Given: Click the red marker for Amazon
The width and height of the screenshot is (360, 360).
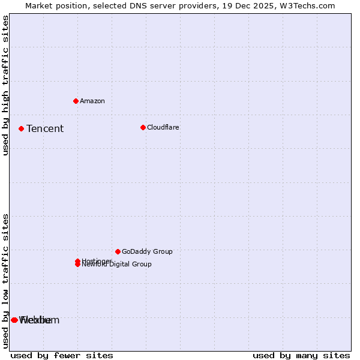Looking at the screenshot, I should (x=76, y=101).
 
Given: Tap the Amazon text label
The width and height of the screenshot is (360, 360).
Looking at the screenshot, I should (x=92, y=101).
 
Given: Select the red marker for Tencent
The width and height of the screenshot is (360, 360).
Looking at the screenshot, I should (x=21, y=128).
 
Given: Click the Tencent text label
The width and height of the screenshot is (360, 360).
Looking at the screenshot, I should (x=45, y=128).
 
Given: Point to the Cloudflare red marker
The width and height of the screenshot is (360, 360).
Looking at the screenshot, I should (x=143, y=127).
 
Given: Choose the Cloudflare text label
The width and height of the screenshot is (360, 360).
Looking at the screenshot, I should (x=163, y=127).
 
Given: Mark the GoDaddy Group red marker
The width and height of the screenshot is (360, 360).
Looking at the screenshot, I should (x=118, y=251).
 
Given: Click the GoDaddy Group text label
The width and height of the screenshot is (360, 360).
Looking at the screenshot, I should (x=147, y=251).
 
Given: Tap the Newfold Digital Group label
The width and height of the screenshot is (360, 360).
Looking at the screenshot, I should (x=117, y=265).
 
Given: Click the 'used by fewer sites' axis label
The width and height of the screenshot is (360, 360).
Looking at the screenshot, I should (x=62, y=355).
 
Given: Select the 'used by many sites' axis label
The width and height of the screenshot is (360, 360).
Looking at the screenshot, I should (x=301, y=355).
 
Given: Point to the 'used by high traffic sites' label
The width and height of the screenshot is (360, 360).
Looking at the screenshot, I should (x=5, y=85).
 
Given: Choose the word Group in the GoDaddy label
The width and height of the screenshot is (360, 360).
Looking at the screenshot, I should (x=162, y=251).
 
